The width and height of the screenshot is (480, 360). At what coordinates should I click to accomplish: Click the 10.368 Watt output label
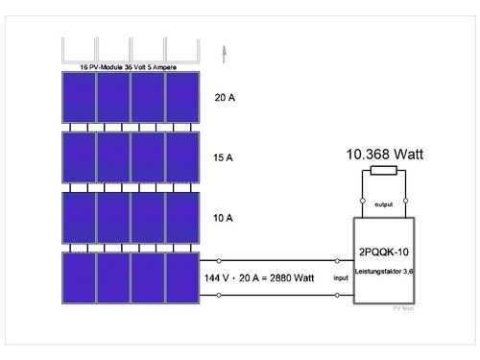(x=383, y=155)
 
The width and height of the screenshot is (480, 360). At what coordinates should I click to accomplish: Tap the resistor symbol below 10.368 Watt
(x=384, y=172)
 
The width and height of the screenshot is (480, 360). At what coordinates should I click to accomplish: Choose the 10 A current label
(x=223, y=218)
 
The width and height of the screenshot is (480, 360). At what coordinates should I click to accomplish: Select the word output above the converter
(x=384, y=205)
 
